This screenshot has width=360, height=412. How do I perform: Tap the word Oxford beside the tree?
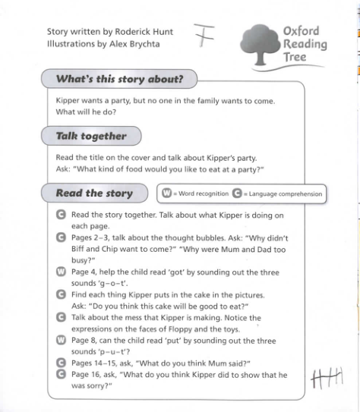click(301, 32)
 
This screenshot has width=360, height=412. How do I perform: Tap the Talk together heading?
click(91, 137)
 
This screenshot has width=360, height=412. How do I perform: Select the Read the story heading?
click(94, 193)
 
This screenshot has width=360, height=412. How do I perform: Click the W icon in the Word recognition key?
click(166, 194)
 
